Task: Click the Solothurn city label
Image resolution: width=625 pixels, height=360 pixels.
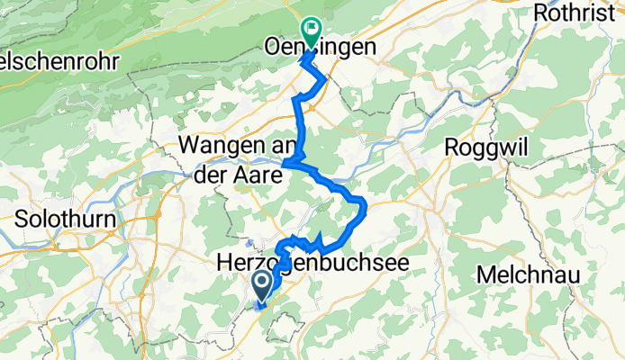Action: pyautogui.click(x=57, y=219)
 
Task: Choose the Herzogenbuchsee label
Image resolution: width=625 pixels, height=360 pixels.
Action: pyautogui.click(x=312, y=262)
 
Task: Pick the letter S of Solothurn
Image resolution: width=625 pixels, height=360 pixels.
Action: pyautogui.click(x=21, y=219)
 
